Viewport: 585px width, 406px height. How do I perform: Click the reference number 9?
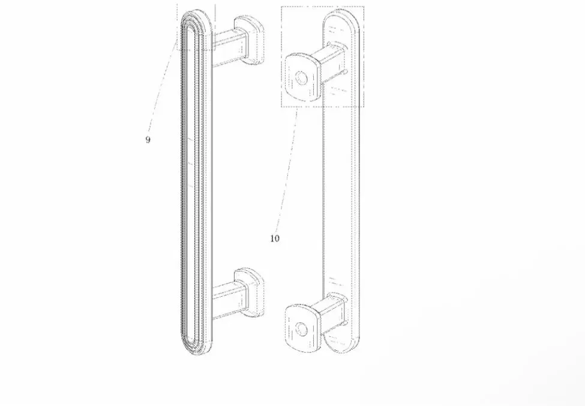(148, 140)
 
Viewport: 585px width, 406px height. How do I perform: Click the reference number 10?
(275, 238)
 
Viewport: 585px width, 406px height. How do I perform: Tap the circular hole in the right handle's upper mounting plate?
(301, 79)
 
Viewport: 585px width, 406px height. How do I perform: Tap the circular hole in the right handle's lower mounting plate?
(301, 330)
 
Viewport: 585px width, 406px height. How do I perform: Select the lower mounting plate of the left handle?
(249, 292)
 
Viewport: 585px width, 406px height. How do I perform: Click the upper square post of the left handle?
(229, 48)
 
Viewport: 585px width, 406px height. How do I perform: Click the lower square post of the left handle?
(229, 300)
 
